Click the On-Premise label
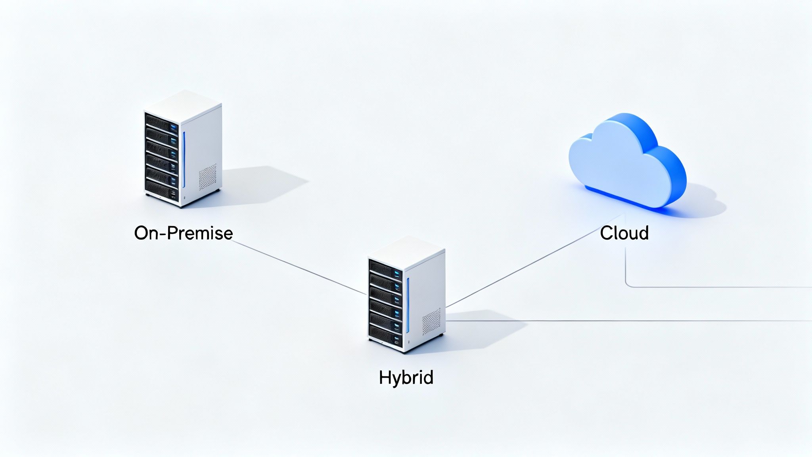[183, 233]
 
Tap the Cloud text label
[624, 233]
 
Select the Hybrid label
[406, 377]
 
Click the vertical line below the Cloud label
[626, 264]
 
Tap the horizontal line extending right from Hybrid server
[634, 321]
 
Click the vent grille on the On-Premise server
[207, 177]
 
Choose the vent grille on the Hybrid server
[431, 322]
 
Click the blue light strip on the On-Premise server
[184, 159]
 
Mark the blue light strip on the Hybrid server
[408, 305]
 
